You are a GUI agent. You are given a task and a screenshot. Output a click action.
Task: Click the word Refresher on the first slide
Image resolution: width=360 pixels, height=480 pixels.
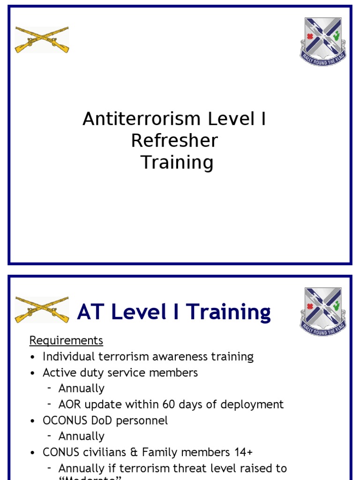pyautogui.click(x=174, y=141)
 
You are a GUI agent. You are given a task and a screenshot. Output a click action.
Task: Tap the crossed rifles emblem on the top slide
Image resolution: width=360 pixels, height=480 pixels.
pyautogui.click(x=42, y=39)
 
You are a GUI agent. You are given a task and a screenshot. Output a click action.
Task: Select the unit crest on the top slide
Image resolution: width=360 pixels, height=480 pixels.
pyautogui.click(x=323, y=41)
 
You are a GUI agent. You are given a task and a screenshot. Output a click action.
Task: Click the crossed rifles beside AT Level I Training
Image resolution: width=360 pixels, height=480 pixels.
pyautogui.click(x=42, y=309)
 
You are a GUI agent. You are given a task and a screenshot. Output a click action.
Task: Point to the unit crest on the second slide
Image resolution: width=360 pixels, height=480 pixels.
pyautogui.click(x=323, y=311)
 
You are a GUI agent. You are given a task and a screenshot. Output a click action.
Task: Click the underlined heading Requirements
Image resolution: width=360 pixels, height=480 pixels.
pyautogui.click(x=66, y=340)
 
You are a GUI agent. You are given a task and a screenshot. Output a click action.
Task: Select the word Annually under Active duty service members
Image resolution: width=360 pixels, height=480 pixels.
pyautogui.click(x=82, y=388)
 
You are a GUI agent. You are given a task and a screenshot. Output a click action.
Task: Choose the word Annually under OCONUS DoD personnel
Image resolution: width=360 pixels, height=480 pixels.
pyautogui.click(x=82, y=436)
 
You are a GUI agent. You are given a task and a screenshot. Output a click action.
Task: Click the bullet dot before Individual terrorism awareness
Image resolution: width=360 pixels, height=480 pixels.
pyautogui.click(x=32, y=357)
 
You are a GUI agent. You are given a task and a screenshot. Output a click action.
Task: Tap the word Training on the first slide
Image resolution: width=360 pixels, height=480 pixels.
pyautogui.click(x=177, y=163)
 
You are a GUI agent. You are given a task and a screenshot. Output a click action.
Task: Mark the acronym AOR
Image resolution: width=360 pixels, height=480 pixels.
pyautogui.click(x=70, y=404)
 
